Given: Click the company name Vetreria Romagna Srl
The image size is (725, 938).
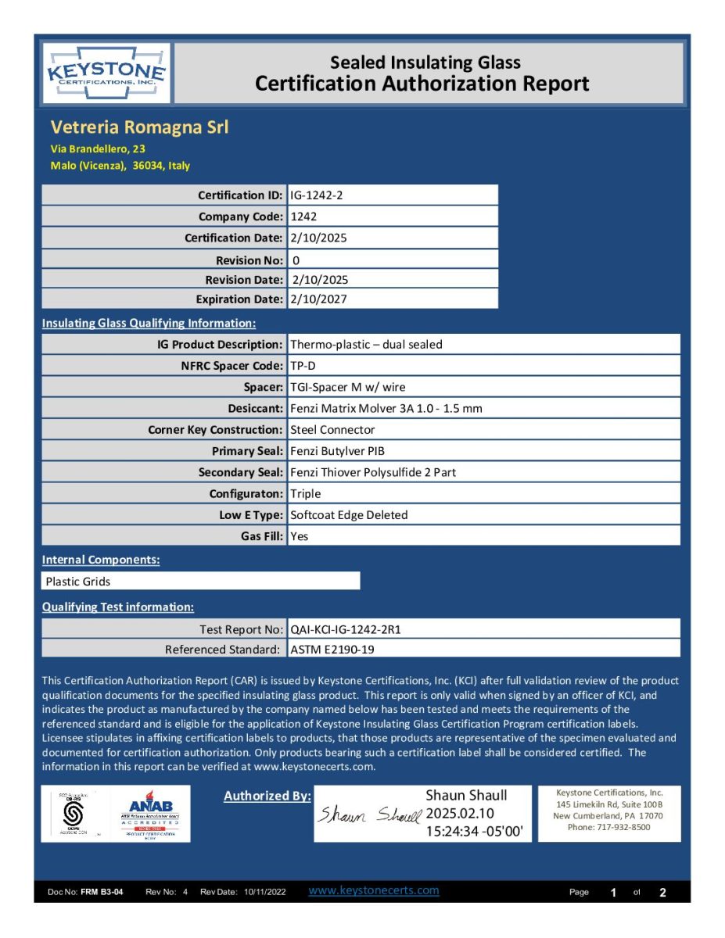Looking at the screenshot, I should tap(139, 127).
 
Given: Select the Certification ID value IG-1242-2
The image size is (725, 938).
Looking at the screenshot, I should tap(316, 195).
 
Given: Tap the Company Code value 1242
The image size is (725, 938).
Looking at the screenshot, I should tap(303, 217).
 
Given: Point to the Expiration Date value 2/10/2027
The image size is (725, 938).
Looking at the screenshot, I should tap(318, 299).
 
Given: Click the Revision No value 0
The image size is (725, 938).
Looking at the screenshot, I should tap(295, 260).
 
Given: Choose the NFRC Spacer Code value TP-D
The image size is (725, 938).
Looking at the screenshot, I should tap(303, 365).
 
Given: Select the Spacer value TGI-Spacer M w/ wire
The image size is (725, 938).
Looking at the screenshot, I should tap(347, 387).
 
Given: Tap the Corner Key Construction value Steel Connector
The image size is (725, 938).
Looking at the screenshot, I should tap(332, 430).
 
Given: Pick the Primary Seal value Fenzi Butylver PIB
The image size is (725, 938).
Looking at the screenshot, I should tap(337, 451).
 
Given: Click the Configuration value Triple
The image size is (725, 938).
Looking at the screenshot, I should tap(306, 494).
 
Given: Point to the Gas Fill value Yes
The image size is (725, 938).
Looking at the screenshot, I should tap(299, 536).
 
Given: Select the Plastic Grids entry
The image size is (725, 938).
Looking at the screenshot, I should tap(78, 582).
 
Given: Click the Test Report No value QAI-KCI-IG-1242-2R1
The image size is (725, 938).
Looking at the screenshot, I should tap(350, 628).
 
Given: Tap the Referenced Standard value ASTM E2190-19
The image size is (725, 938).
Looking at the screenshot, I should tap(337, 650).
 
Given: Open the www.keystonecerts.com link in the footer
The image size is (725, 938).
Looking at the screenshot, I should tap(374, 890).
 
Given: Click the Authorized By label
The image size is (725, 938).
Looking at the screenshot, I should tap(267, 796).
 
